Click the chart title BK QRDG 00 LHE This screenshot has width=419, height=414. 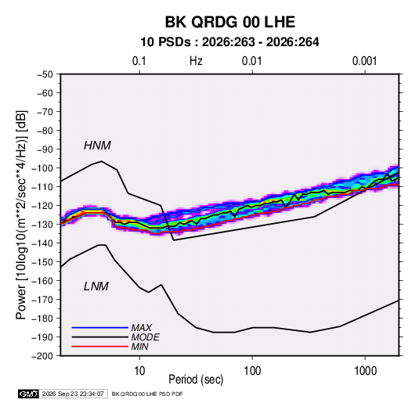(229, 22)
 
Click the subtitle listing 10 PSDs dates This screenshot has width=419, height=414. (229, 42)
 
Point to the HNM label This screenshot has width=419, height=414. (97, 146)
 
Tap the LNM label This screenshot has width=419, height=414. (96, 286)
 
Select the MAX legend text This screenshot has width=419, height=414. (141, 327)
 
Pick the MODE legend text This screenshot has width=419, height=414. (146, 337)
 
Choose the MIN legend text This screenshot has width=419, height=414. (139, 347)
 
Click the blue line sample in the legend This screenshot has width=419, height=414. (100, 327)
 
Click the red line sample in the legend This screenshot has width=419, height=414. (100, 347)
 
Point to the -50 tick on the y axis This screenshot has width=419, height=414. (45, 74)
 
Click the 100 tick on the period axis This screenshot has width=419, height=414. (252, 371)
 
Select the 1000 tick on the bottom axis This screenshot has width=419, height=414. (365, 371)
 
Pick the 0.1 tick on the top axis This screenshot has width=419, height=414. (139, 61)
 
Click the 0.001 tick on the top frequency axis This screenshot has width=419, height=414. (365, 61)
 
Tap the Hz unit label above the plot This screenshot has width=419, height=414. (196, 61)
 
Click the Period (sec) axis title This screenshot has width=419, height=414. (196, 380)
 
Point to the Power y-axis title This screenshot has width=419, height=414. (21, 214)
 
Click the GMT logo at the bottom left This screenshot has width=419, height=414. (28, 394)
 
